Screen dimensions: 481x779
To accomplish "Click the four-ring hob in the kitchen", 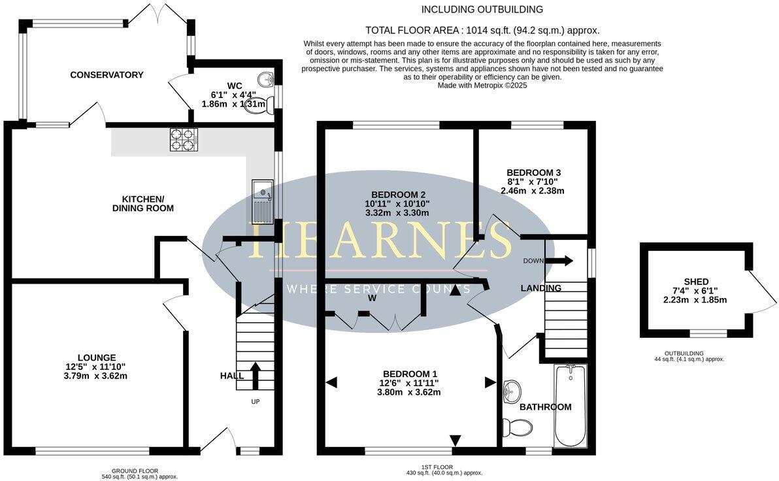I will coord(184,140).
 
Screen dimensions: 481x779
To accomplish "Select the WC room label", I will coord(235,86).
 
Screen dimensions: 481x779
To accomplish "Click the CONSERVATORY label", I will coord(107,75).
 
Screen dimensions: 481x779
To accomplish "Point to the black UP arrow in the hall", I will coord(255,375).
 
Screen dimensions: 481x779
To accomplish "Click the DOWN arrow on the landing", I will coord(559,261).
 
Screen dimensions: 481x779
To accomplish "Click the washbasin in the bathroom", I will coord(512,391).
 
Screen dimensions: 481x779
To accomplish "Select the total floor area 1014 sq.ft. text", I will coord(482,30).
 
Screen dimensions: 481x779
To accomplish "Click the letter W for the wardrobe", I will coord(372,298).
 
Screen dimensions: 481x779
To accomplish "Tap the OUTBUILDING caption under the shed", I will coord(689,354).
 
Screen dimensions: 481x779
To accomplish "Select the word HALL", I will coord(232,376).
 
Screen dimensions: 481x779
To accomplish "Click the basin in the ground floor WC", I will coord(265,80).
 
